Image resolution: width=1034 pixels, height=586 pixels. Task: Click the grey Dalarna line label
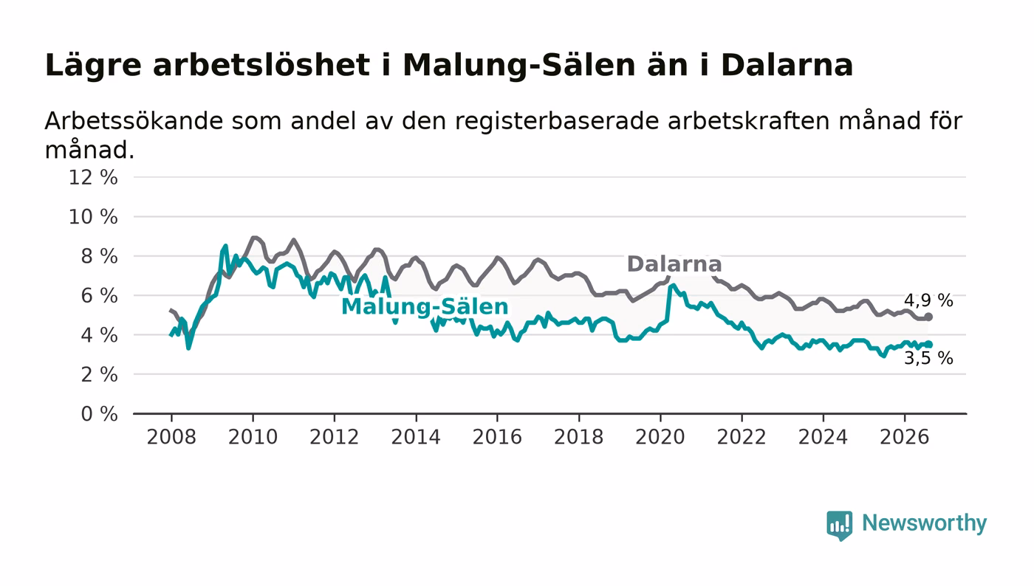pyautogui.click(x=674, y=264)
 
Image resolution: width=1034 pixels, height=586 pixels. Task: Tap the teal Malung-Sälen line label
pyautogui.click(x=425, y=307)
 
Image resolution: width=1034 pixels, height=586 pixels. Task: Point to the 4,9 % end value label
pyautogui.click(x=928, y=300)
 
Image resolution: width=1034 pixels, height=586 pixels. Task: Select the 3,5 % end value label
pyautogui.click(x=928, y=358)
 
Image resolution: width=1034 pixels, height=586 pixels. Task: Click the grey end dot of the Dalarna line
pyautogui.click(x=929, y=317)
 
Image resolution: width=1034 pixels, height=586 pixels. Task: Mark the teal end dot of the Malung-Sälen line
pyautogui.click(x=929, y=345)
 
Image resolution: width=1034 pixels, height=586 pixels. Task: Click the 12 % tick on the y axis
pyautogui.click(x=93, y=177)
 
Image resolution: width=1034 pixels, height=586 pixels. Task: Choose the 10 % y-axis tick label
pyautogui.click(x=93, y=217)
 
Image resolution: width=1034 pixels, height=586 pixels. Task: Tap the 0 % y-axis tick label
pyautogui.click(x=99, y=414)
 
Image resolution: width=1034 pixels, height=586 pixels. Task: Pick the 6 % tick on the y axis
pyautogui.click(x=99, y=296)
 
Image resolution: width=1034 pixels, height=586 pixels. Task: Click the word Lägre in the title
pyautogui.click(x=93, y=66)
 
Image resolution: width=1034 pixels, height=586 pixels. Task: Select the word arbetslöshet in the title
pyautogui.click(x=261, y=65)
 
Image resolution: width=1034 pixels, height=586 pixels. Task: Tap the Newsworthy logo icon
pyautogui.click(x=839, y=525)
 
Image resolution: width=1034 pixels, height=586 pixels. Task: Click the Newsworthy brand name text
pyautogui.click(x=924, y=524)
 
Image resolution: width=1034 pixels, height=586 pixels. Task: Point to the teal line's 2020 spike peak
pyautogui.click(x=673, y=286)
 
